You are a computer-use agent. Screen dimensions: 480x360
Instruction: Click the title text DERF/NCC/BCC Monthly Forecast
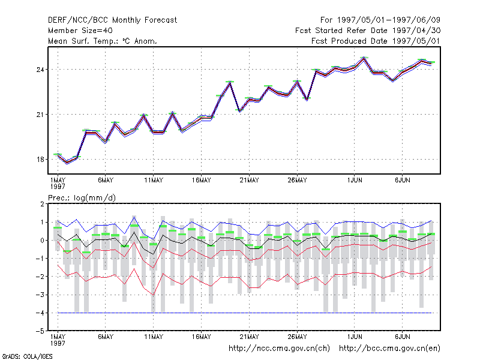click(x=112, y=20)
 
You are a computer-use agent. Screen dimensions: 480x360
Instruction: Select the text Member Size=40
click(x=80, y=31)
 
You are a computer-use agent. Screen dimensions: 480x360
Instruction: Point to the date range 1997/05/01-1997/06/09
click(x=388, y=20)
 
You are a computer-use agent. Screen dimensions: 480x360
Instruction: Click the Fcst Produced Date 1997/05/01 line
click(x=376, y=41)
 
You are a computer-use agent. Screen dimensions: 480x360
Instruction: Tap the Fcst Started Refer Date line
click(x=368, y=31)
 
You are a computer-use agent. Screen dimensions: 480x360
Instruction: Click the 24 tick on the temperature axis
click(x=40, y=70)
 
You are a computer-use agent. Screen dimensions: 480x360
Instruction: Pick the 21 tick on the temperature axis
click(x=40, y=115)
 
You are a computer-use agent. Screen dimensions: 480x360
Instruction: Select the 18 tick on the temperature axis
click(x=40, y=160)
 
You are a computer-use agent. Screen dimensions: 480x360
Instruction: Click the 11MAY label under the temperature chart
click(x=154, y=181)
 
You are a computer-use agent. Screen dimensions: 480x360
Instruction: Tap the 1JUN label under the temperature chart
click(x=355, y=181)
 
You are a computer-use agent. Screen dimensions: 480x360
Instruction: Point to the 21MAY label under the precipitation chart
click(x=249, y=337)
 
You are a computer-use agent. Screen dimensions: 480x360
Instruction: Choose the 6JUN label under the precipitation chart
click(x=402, y=337)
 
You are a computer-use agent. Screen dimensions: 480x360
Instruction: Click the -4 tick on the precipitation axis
click(x=40, y=313)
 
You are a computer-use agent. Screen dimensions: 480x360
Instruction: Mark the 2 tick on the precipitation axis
click(x=42, y=204)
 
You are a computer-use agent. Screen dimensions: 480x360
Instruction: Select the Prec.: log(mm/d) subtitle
click(x=82, y=198)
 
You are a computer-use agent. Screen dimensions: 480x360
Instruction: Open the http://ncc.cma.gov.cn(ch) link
click(x=279, y=349)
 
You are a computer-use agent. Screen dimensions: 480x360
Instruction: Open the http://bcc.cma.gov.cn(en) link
click(x=389, y=349)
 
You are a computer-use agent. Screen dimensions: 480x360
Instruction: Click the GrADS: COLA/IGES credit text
click(x=27, y=356)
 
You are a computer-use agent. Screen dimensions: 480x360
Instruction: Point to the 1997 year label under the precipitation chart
click(x=58, y=343)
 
